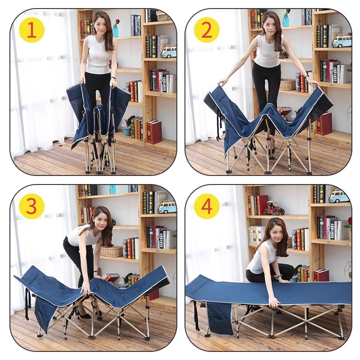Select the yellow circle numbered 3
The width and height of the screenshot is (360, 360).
[x=31, y=207]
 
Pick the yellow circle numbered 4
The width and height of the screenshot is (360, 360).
[x=207, y=207]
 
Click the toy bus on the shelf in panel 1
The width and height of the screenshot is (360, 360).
[x=168, y=50]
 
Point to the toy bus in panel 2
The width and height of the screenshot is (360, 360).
[x=342, y=41]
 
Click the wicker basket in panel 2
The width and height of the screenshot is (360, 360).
[x=288, y=84]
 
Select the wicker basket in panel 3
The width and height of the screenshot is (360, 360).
[x=112, y=251]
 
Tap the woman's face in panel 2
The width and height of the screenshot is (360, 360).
[x=269, y=21]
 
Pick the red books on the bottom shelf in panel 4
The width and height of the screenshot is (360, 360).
[x=321, y=274]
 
